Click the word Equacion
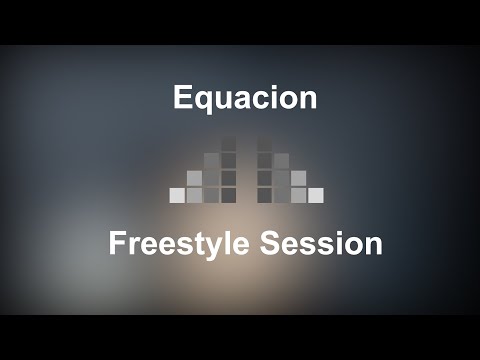[x=245, y=98]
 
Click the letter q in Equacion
[x=203, y=100]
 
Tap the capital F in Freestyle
[x=118, y=244]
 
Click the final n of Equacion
[x=308, y=99]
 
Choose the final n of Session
[x=373, y=246]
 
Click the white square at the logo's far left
[x=177, y=195]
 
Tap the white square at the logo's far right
[x=316, y=195]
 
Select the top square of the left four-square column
[x=228, y=143]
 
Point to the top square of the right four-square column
[x=264, y=143]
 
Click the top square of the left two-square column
[x=194, y=178]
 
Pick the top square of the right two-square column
[x=298, y=178]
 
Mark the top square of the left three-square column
[x=211, y=160]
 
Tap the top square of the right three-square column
[x=281, y=160]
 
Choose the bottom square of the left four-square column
[x=228, y=195]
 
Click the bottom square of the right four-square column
[x=264, y=195]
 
